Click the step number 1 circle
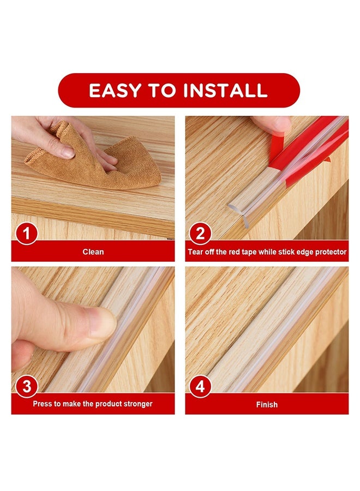27,233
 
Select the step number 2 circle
200,233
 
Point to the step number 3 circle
27,386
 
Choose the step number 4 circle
200,386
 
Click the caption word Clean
93,252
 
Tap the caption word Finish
267,405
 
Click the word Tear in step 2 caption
195,252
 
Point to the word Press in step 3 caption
43,404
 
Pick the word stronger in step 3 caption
138,404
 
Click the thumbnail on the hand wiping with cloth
67,153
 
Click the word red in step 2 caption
234,252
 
